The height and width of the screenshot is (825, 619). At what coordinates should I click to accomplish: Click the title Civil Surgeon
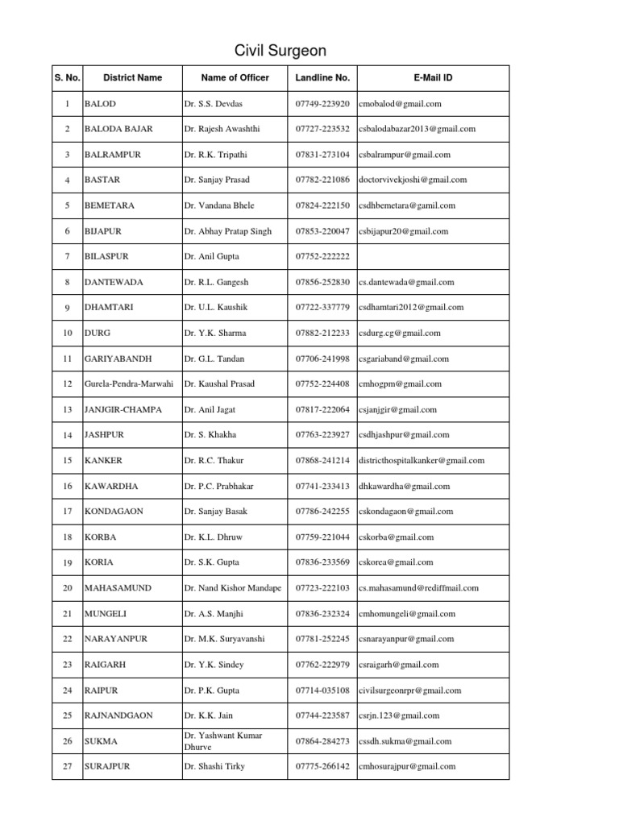point(280,51)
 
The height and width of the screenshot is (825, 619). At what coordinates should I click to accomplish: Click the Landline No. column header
point(322,77)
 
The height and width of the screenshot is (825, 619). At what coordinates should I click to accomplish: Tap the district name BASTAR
point(102,180)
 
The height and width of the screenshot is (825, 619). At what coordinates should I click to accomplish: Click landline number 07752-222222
point(322,256)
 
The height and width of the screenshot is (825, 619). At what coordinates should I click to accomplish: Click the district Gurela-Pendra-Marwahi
point(129,383)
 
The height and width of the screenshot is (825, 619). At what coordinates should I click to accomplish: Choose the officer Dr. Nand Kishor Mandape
point(233,588)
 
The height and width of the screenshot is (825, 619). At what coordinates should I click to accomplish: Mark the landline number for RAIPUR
point(322,690)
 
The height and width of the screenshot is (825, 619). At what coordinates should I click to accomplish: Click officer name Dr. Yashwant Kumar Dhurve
point(222,740)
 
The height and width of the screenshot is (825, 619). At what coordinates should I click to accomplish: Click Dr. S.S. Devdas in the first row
point(213,104)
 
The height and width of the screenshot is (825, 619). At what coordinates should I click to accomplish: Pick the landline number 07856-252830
point(322,282)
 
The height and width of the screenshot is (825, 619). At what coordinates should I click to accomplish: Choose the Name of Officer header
point(235,77)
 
